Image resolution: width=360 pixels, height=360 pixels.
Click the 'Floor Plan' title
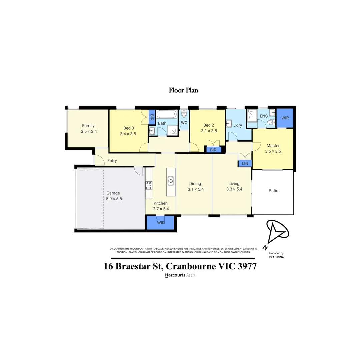183,90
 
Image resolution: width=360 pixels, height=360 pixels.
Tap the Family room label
88,126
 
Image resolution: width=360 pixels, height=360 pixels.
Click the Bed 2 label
209,125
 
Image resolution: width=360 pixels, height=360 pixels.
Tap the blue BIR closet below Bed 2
213,150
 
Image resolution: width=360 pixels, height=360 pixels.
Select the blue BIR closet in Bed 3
152,117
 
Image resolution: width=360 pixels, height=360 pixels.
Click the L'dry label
238,125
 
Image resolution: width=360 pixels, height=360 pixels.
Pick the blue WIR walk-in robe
285,118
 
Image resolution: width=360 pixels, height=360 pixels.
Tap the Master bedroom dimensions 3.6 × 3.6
273,151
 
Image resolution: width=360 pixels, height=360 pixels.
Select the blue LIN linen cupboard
245,163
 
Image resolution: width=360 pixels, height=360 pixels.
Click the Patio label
273,191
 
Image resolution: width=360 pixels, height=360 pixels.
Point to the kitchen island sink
170,181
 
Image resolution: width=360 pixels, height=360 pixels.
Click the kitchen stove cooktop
149,185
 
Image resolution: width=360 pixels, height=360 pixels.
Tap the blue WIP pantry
161,223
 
